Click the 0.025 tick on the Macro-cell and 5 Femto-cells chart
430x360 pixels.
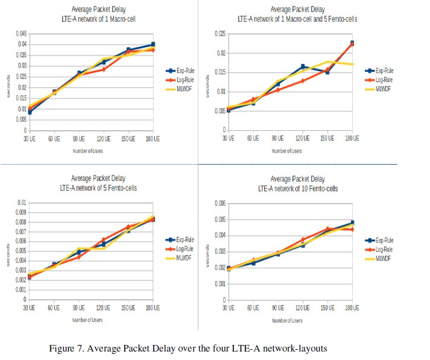coord(220,33)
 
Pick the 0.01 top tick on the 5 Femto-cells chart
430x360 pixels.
coord(23,203)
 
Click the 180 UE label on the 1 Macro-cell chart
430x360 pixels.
coord(153,138)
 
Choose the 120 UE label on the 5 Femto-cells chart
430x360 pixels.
coord(103,308)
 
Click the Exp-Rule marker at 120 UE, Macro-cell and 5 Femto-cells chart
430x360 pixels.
coord(303,66)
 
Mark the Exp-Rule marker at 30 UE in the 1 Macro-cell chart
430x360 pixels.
coord(30,112)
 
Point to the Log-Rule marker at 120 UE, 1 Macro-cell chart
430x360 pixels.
coord(103,69)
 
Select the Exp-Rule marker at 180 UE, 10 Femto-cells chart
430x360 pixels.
coord(352,223)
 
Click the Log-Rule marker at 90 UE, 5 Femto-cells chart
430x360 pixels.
coord(78,257)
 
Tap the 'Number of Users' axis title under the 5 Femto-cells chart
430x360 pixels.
coord(90,320)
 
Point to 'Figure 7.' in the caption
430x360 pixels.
coord(72,348)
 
